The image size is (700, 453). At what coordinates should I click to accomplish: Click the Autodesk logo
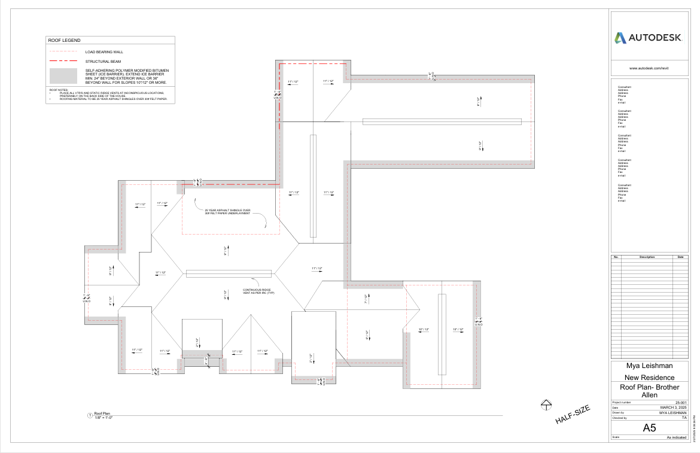tap(649, 38)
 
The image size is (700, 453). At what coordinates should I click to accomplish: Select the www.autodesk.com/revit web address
tap(649, 68)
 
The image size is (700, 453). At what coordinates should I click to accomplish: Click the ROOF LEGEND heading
tap(64, 40)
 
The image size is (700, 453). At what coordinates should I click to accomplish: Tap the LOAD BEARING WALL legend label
tap(104, 52)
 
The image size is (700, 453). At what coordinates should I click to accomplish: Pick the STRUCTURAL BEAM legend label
tap(103, 62)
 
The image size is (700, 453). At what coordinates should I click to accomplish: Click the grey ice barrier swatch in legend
tap(63, 76)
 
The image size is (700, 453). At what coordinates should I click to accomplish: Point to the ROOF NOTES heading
tap(59, 90)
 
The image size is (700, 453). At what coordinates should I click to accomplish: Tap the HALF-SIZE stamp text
tap(573, 415)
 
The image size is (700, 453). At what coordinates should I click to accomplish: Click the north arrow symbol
tap(545, 405)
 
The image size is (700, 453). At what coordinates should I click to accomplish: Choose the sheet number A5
tap(649, 428)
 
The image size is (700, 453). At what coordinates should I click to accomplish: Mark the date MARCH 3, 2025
tap(673, 408)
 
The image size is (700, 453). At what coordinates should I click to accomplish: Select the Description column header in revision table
tap(647, 257)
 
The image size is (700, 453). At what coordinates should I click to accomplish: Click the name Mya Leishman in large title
tap(649, 365)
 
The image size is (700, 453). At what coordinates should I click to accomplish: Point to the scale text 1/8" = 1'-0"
tap(104, 418)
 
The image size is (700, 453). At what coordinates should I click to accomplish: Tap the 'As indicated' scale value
tap(677, 438)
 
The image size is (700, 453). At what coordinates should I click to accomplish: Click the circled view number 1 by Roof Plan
tap(90, 415)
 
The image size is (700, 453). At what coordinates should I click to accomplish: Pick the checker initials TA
tap(684, 418)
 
